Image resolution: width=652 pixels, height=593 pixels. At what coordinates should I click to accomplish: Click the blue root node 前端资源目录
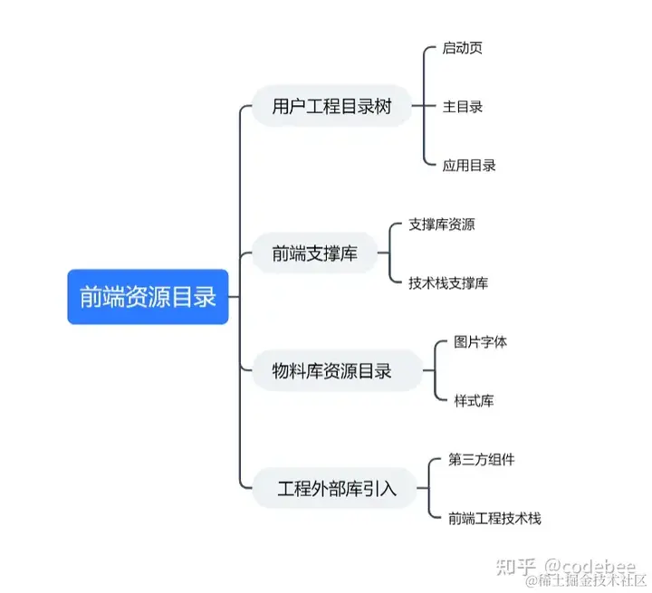[148, 297]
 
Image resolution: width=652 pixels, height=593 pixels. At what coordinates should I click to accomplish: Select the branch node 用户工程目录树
[331, 106]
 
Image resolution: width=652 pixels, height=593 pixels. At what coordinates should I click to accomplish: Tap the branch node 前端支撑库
[314, 254]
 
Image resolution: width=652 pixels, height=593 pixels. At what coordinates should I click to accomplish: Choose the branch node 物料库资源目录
[337, 370]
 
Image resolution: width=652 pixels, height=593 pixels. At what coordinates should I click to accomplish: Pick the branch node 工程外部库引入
[336, 490]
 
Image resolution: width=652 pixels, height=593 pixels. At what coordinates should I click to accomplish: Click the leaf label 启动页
[462, 47]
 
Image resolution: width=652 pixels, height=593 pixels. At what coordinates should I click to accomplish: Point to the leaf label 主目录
[462, 106]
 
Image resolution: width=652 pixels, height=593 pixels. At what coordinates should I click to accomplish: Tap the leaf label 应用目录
[468, 165]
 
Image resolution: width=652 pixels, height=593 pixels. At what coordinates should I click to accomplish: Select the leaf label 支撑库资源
[441, 225]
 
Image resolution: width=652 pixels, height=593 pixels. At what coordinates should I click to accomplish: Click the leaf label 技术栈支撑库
[447, 282]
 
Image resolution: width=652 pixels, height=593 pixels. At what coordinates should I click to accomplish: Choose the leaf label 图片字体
[480, 342]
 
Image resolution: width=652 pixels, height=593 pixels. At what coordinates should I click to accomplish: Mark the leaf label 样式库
[474, 400]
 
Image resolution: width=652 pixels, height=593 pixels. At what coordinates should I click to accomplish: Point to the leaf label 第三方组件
[481, 459]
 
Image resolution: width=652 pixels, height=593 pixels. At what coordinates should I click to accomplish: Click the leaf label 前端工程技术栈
[494, 518]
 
